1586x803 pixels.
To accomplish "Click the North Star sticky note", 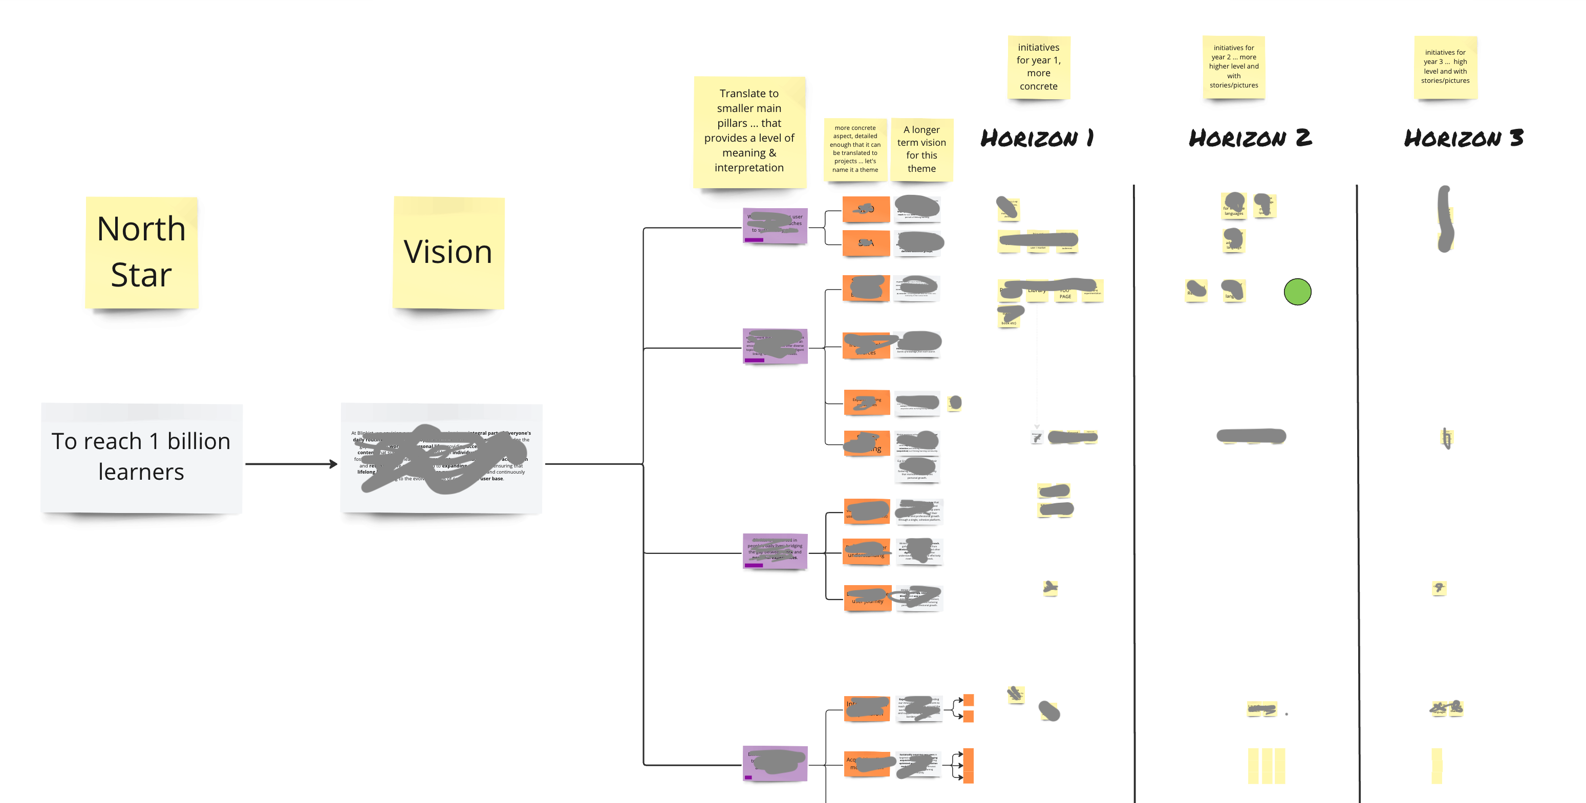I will click(142, 252).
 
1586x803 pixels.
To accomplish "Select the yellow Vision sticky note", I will click(448, 252).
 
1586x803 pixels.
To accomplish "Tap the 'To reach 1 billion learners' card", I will click(142, 457).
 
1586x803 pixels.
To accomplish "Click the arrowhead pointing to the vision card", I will click(334, 464).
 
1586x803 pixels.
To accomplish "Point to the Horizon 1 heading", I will click(1037, 138).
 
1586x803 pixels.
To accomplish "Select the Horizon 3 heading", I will click(1464, 138).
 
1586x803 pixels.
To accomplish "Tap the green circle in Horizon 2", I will click(1297, 292).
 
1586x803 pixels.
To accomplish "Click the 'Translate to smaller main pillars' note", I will click(749, 131).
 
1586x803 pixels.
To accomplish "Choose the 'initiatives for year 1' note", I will click(1039, 67).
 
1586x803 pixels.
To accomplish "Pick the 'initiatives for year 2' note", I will click(1233, 66).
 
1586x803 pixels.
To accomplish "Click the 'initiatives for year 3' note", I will click(1445, 66).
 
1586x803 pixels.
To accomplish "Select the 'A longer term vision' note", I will click(921, 149).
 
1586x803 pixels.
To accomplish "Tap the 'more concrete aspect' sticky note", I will click(855, 149).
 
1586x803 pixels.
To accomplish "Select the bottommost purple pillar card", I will click(775, 764).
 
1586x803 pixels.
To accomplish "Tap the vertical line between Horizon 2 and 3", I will click(1358, 492).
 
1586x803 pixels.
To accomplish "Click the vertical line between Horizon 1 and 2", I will click(1134, 492).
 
